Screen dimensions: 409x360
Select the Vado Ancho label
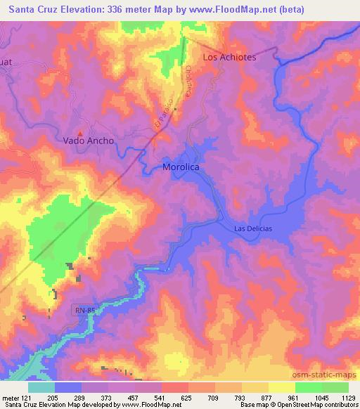click(88, 141)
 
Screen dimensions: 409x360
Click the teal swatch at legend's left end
click(41, 387)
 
